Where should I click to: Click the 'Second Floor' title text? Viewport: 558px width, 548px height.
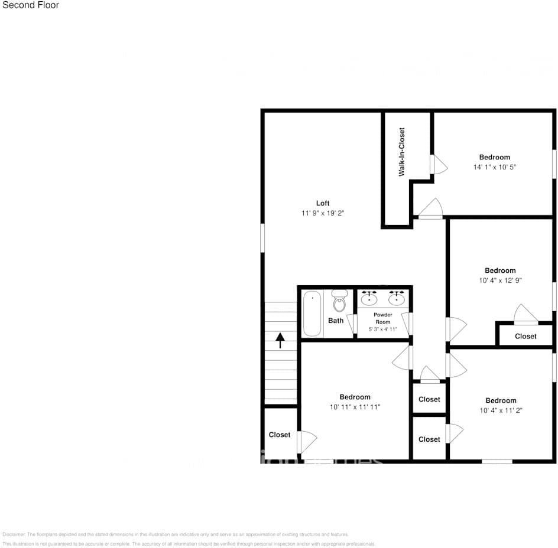30,5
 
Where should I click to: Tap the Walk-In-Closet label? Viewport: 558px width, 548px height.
402,152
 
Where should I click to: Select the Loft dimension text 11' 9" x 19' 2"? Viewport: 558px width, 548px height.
323,213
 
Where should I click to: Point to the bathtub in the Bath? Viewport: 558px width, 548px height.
312,314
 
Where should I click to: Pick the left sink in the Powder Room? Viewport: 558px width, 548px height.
369,298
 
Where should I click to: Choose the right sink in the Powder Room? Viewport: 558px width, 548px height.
397,298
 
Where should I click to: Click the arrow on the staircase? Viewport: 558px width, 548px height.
280,340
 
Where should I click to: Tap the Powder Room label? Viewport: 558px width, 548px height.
383,318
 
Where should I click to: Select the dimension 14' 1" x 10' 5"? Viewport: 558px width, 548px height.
495,167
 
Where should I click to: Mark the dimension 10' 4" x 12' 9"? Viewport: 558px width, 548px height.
500,280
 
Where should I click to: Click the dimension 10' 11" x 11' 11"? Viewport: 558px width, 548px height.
355,407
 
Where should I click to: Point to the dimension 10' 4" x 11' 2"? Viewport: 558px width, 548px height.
501,410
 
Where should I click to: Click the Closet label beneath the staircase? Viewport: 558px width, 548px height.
280,435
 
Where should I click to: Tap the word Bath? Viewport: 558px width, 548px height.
336,321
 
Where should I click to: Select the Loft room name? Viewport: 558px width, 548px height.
323,203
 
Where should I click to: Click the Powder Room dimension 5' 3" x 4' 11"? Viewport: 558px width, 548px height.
383,330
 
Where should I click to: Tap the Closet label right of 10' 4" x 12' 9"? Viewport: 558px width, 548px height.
525,336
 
